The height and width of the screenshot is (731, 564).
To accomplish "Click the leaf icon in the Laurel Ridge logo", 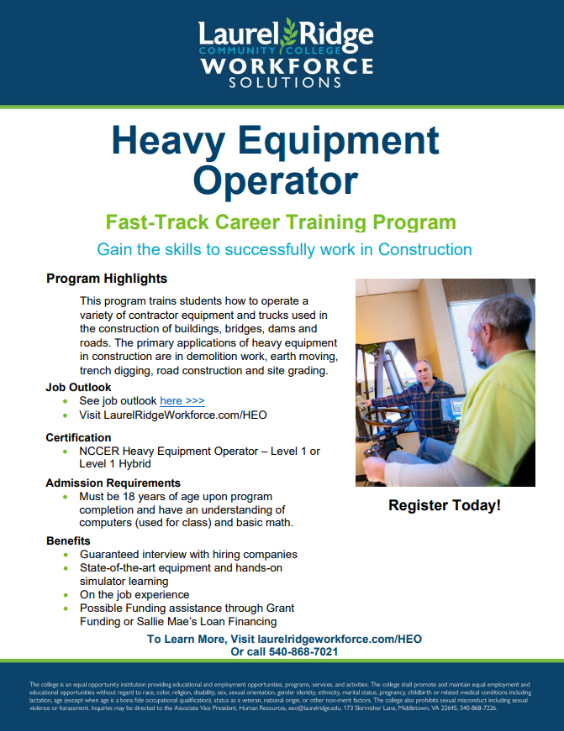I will click(290, 34).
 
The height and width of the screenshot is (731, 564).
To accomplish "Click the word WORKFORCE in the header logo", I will click(286, 65).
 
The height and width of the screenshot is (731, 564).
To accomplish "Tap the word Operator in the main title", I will click(275, 179).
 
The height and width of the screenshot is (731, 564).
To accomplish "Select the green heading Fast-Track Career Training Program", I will click(281, 222).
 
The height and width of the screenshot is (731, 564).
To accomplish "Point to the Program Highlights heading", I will click(107, 279).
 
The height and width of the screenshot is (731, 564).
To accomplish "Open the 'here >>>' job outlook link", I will click(182, 401).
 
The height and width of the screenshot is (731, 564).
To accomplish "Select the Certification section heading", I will click(78, 437).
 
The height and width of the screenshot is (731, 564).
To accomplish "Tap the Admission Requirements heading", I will click(113, 483).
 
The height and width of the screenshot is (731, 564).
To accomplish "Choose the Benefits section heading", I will click(68, 541).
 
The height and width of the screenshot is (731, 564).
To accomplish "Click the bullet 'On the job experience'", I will click(134, 594).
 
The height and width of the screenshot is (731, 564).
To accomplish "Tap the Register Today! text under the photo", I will click(445, 505).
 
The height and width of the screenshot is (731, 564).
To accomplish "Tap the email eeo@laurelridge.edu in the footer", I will click(316, 708).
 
